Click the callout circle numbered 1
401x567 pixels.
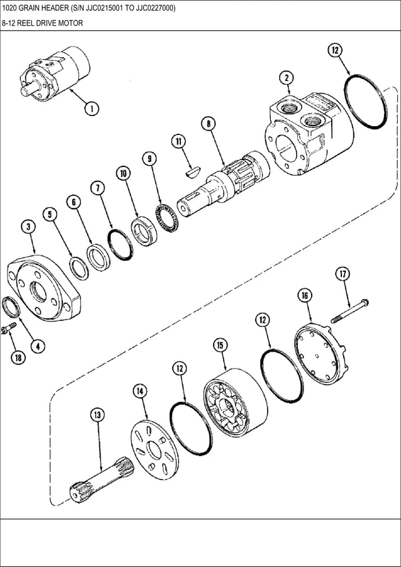point(91,109)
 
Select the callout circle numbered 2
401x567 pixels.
point(287,77)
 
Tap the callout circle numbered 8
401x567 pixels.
point(207,124)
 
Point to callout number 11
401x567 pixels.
point(179,142)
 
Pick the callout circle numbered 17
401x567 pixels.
point(343,274)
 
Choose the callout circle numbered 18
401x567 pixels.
point(18,357)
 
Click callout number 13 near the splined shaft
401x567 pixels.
point(97,414)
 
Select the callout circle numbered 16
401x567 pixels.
point(304,296)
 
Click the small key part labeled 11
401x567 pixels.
point(192,168)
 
